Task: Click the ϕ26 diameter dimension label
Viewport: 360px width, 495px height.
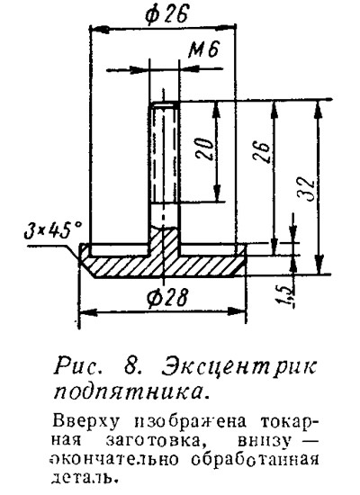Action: click(x=166, y=13)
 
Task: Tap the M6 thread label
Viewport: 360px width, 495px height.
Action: click(x=204, y=49)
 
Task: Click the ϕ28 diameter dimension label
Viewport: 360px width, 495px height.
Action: click(x=167, y=297)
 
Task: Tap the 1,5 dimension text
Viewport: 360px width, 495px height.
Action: click(x=286, y=295)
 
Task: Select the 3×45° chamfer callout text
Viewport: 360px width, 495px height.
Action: click(x=53, y=231)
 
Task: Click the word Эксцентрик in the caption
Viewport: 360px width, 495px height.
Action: click(x=239, y=368)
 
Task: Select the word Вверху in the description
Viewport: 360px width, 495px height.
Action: click(x=85, y=423)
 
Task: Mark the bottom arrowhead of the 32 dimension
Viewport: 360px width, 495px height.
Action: click(x=319, y=265)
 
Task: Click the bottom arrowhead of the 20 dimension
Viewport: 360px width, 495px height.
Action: click(x=217, y=193)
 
